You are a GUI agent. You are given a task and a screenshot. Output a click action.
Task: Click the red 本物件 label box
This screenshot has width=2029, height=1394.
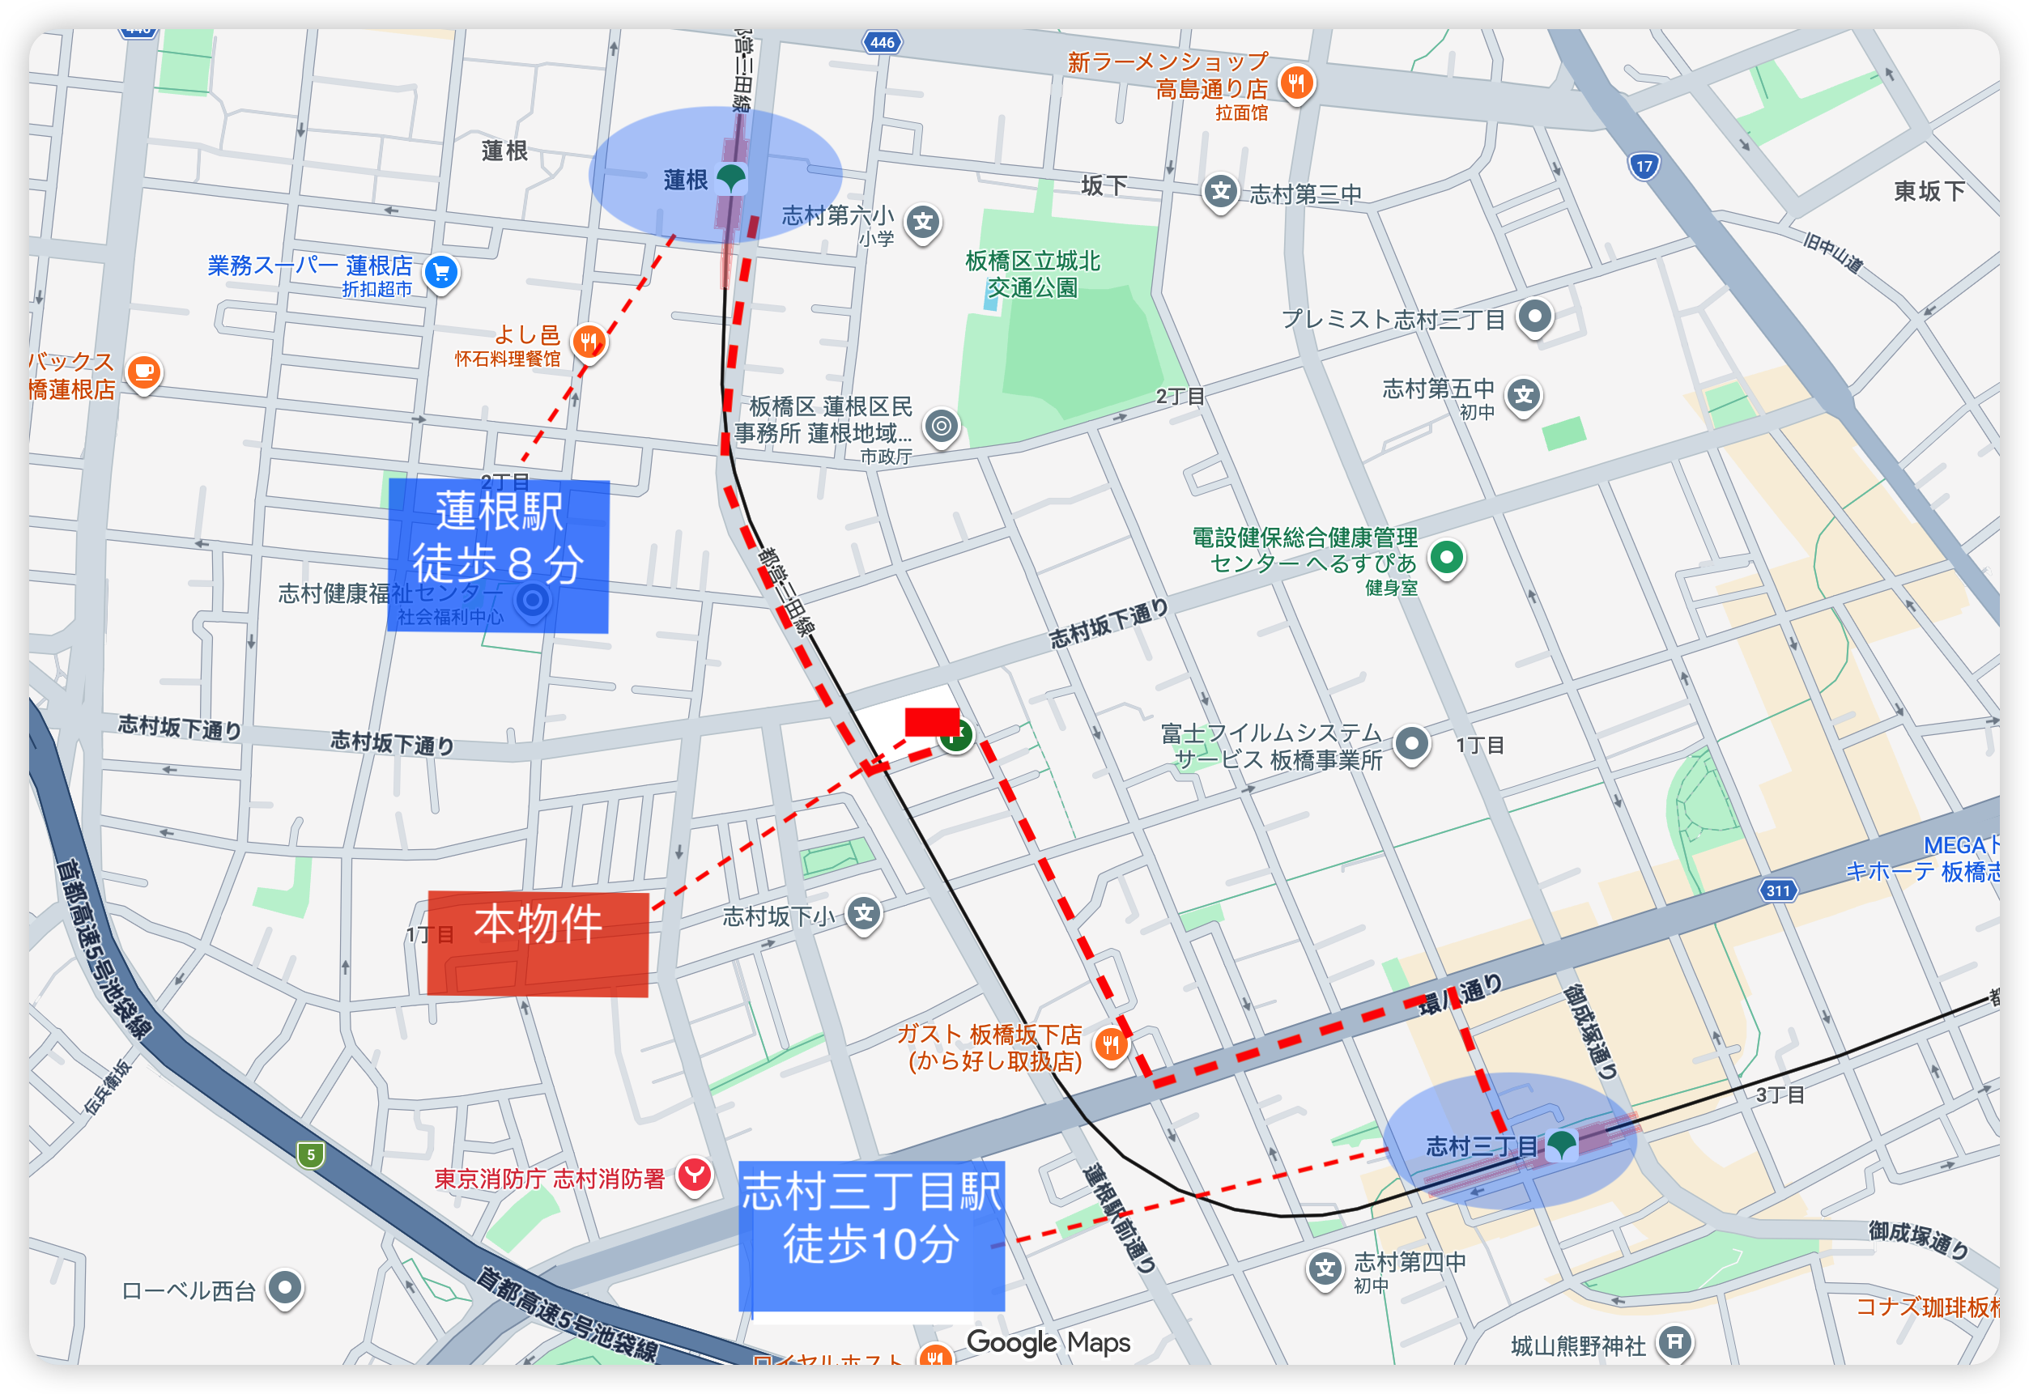[538, 942]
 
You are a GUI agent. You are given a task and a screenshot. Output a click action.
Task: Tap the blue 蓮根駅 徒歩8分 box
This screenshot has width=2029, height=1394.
[498, 555]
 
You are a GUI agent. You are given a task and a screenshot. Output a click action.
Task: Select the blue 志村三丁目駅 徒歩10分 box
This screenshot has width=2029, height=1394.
[872, 1235]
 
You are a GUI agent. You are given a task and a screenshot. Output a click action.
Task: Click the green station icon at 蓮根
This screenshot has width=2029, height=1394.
[730, 178]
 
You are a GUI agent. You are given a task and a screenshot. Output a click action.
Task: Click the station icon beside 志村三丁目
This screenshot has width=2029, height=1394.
[1561, 1143]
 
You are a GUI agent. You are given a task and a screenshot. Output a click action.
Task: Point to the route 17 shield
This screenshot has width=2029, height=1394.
[1644, 166]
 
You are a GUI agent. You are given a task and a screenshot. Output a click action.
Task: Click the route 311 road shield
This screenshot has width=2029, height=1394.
[1777, 890]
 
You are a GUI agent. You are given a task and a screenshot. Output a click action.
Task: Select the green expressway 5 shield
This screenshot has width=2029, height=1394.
[310, 1154]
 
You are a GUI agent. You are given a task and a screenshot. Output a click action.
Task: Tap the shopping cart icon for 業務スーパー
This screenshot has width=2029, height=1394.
[441, 272]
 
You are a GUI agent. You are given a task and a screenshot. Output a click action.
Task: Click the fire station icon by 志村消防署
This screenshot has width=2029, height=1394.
[695, 1175]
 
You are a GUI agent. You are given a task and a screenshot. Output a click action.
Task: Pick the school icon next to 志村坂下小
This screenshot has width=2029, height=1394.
[864, 914]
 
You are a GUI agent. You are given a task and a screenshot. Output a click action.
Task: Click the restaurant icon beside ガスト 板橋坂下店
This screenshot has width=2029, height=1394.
[1110, 1043]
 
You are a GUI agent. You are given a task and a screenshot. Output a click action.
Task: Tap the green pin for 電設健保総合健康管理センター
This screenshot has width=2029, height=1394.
[1446, 556]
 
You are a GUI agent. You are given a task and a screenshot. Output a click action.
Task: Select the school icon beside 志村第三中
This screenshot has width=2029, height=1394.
[1220, 191]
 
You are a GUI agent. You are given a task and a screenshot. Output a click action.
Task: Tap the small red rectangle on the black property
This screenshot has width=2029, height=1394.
[931, 721]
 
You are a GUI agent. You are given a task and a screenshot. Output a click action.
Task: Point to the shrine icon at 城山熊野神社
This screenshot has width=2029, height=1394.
[1674, 1341]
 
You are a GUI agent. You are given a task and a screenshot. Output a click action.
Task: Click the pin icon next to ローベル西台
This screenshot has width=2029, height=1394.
[285, 1286]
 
